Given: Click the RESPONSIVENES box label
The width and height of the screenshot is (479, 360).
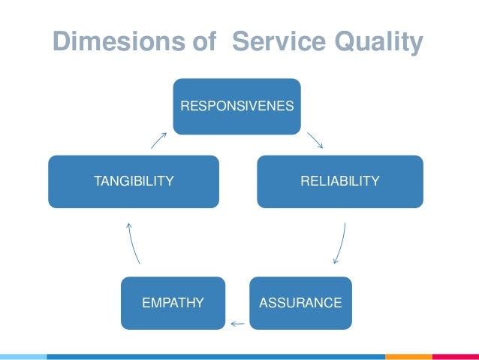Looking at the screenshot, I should [237, 106].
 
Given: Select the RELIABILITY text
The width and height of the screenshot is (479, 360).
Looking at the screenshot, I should [340, 181].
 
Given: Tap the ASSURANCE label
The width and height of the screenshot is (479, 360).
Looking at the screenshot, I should [300, 303].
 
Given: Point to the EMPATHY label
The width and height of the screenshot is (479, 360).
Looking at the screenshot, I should [173, 303].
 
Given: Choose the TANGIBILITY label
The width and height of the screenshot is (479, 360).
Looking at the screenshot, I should [134, 181].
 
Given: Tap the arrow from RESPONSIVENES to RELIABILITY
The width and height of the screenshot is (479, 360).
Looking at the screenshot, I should [315, 141].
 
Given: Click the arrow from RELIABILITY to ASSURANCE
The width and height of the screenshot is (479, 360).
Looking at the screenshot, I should [340, 243].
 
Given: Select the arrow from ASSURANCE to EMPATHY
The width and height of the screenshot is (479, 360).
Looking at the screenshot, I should [238, 324].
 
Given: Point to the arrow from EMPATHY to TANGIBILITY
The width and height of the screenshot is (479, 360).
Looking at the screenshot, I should [134, 243].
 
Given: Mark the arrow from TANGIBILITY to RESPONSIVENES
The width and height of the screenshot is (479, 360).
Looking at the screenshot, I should [158, 140].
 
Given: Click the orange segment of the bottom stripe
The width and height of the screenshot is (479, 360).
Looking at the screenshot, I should [408, 356].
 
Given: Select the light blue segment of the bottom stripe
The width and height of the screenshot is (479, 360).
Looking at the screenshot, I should [23, 356].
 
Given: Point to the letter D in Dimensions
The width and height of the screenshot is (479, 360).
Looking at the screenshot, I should [61, 42].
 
